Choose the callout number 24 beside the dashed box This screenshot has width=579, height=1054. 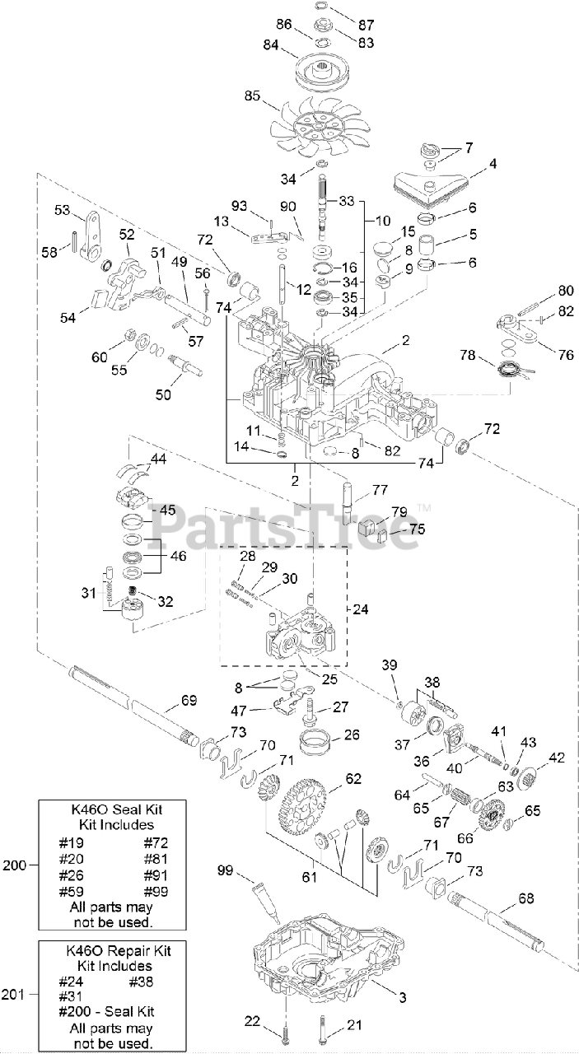[x=361, y=610]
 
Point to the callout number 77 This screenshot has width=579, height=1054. [x=379, y=489]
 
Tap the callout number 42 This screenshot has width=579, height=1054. [x=558, y=757]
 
